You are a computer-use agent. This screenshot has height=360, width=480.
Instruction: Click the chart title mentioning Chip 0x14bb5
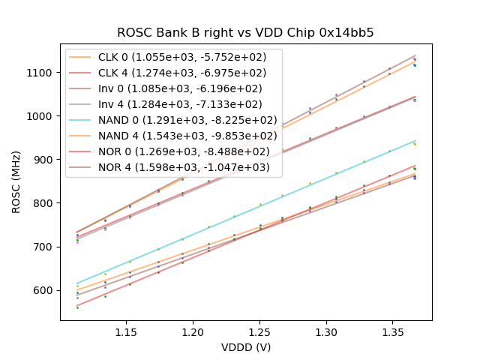pyautogui.click(x=245, y=33)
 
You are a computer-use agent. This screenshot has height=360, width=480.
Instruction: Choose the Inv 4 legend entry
pyautogui.click(x=180, y=103)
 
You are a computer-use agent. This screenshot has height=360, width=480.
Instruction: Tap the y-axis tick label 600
pyautogui.click(x=44, y=290)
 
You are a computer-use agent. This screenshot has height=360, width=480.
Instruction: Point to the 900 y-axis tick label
pyautogui.click(x=44, y=160)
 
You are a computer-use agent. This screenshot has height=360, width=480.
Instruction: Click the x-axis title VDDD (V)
pyautogui.click(x=245, y=347)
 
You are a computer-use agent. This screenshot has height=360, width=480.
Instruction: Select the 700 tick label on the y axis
pyautogui.click(x=44, y=247)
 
